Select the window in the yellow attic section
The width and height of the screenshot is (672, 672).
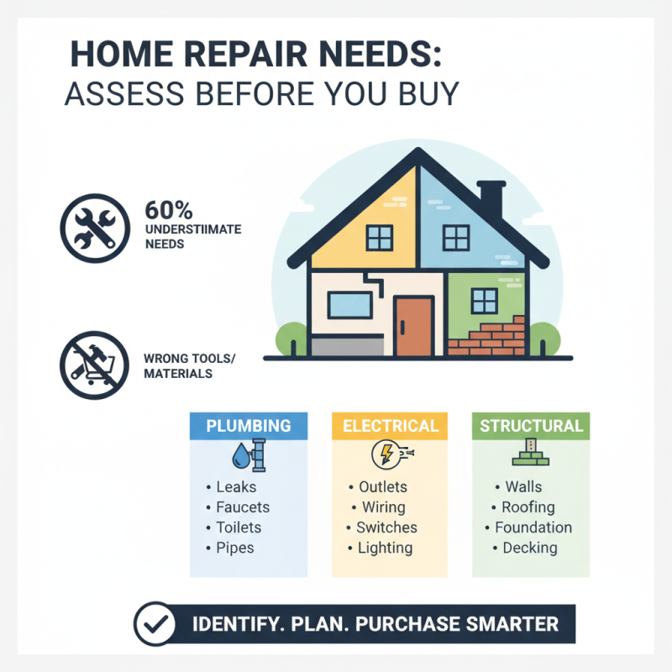(x=380, y=238)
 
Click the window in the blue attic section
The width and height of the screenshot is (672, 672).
(x=457, y=238)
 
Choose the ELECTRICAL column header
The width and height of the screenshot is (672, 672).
(x=389, y=426)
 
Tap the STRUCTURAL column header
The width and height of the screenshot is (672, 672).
(x=531, y=426)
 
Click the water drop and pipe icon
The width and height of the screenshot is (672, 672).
(x=248, y=454)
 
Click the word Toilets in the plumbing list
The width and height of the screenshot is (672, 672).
(x=239, y=528)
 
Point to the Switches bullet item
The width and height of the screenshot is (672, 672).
(x=386, y=528)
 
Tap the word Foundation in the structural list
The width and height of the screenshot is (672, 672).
(x=533, y=528)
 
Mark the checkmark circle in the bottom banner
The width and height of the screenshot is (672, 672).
(x=155, y=625)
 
